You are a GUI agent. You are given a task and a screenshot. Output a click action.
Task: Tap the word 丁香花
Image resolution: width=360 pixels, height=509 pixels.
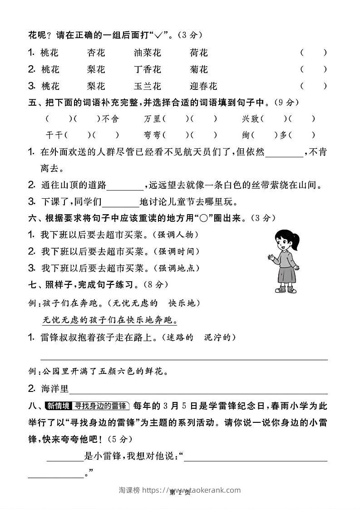point(148,69)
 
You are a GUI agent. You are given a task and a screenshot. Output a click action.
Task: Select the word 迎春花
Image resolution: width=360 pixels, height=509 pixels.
point(203,86)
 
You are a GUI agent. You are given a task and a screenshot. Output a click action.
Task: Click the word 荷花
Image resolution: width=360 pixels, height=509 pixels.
point(199,53)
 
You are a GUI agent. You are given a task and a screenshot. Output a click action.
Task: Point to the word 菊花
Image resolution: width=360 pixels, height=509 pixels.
point(199,69)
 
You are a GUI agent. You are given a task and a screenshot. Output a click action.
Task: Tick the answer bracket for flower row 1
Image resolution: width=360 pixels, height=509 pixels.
point(313,53)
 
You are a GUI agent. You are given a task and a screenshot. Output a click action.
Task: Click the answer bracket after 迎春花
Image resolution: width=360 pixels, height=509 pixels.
point(313,86)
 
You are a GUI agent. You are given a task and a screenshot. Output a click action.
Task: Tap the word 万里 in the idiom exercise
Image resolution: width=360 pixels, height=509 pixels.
point(152,119)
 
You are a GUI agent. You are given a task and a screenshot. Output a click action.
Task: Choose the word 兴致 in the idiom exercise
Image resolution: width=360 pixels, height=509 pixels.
point(250,119)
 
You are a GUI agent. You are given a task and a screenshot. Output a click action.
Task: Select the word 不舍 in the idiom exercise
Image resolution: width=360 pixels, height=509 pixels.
point(111,119)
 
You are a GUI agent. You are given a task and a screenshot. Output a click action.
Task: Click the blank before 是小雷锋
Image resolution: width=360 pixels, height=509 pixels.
point(65,458)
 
